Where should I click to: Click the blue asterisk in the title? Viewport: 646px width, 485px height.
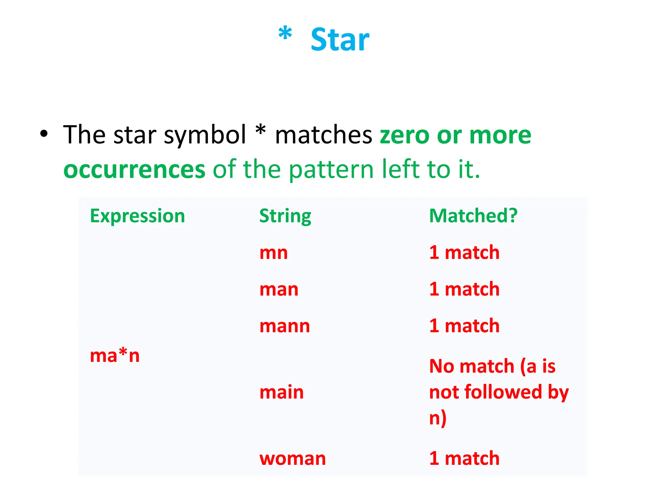click(285, 34)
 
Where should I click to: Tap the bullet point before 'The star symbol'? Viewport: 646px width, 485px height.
click(44, 134)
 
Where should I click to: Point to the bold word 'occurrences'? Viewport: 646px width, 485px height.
click(134, 170)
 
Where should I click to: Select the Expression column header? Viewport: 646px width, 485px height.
click(137, 216)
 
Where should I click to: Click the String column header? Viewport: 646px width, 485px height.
click(285, 216)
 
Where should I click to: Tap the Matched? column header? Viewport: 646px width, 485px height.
click(473, 216)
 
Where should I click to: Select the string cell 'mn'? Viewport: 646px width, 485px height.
click(273, 253)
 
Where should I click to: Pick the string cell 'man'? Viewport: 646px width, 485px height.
click(279, 289)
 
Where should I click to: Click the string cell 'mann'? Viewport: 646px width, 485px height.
click(285, 326)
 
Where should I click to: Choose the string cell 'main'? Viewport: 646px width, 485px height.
click(281, 392)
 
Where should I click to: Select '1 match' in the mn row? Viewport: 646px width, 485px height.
click(464, 253)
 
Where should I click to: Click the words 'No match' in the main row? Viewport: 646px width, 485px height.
click(472, 366)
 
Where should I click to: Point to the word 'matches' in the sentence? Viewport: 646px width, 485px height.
click(324, 135)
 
